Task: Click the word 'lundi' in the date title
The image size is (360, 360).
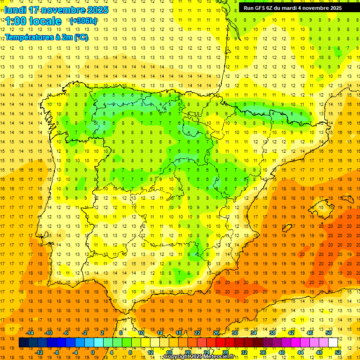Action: tap(15, 10)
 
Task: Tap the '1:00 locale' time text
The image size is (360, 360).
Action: tap(33, 21)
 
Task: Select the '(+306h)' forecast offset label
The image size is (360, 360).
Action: tap(83, 21)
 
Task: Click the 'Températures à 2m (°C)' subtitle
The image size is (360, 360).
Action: tap(46, 37)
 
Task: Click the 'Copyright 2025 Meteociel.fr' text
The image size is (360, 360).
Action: tap(199, 357)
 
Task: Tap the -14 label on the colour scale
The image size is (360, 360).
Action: tap(30, 333)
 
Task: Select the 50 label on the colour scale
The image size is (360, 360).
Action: tap(329, 333)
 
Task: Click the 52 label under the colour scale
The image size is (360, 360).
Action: tap(338, 352)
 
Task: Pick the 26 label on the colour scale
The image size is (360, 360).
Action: tap(216, 333)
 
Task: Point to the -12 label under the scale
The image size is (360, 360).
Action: tap(39, 352)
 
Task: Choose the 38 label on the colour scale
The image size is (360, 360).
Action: tap(272, 333)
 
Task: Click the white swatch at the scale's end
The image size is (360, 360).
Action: tap(333, 343)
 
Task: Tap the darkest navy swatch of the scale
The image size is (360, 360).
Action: tap(23, 343)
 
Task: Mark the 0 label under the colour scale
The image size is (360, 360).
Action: tap(93, 352)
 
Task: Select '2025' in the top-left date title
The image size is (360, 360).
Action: tap(98, 10)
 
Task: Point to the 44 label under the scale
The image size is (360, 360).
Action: tap(300, 352)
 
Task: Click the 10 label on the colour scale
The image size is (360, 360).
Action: tap(141, 333)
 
